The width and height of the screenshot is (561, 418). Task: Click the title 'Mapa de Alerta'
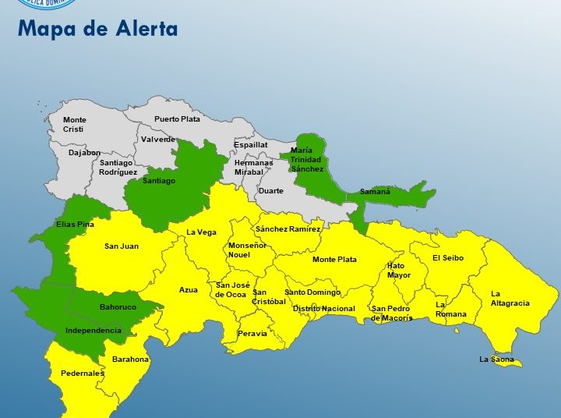tap(97, 30)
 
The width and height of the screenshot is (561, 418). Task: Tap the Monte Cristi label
tap(75, 125)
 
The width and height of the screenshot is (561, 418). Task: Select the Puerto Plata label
tap(177, 119)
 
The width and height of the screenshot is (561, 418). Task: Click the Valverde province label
tap(158, 140)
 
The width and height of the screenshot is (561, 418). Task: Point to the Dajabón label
tap(84, 153)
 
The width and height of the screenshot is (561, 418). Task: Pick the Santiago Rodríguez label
tap(118, 167)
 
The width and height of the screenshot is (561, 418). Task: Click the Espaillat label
tap(251, 145)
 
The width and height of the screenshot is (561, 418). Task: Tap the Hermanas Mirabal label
tap(254, 167)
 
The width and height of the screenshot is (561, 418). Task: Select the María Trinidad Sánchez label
tap(305, 159)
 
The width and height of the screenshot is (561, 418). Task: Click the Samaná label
tap(375, 191)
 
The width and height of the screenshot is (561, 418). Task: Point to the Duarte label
tap(271, 190)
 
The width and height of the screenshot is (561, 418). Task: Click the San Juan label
tap(122, 246)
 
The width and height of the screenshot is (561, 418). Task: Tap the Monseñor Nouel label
tap(247, 250)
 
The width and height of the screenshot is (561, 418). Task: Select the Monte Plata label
tap(334, 260)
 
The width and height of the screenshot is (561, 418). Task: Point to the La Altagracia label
tap(510, 299)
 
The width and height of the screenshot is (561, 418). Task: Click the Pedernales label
tap(83, 374)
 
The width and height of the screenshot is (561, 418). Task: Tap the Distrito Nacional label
tap(323, 309)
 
